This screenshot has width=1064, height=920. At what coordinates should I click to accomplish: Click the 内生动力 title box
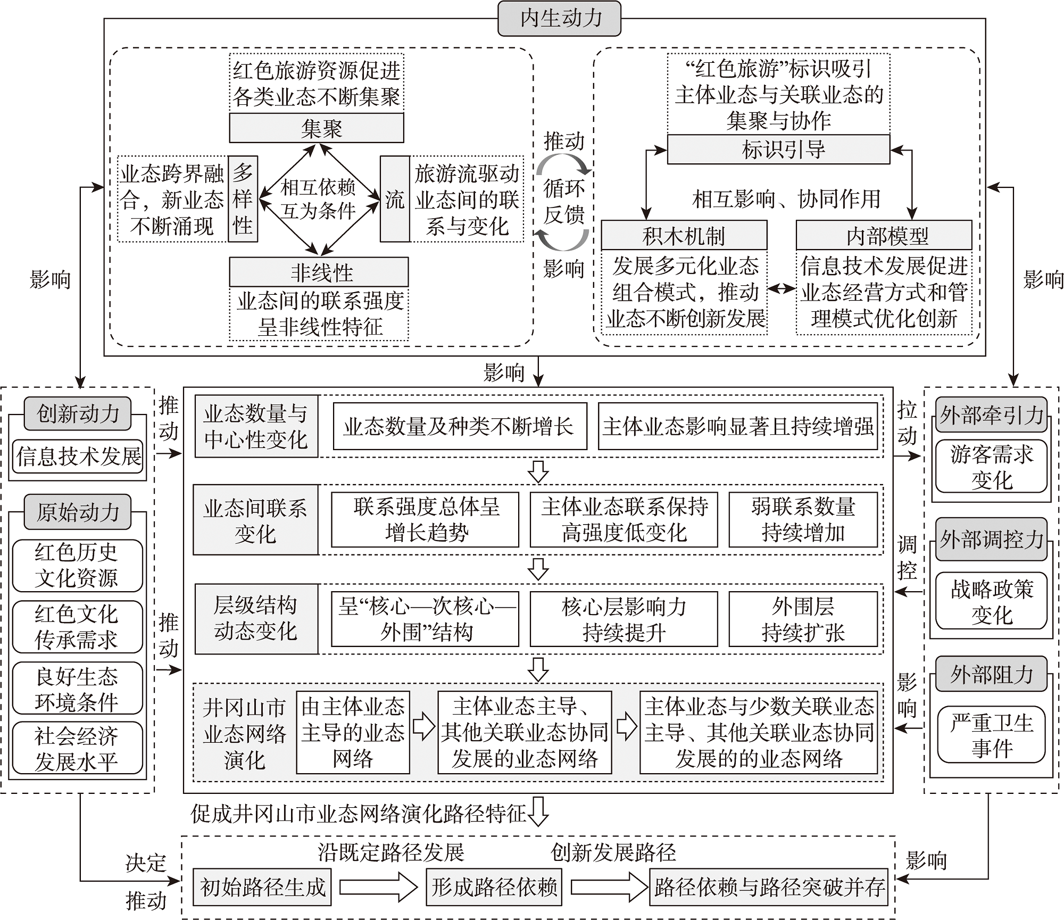coord(559,19)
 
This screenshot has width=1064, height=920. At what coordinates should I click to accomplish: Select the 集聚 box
coord(317,128)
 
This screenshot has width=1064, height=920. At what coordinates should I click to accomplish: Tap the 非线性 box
coord(319,272)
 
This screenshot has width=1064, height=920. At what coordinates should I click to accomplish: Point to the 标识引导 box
coord(778,150)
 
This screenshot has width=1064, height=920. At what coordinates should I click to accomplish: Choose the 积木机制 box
coord(684,236)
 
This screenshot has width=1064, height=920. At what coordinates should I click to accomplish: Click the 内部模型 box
coord(884,236)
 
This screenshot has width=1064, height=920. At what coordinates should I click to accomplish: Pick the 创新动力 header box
coord(78,413)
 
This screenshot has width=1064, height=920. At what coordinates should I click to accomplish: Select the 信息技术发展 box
coord(78,457)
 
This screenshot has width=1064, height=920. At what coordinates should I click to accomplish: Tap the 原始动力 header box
coord(78,512)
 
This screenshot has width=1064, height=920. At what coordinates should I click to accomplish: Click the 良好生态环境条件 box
coord(78,689)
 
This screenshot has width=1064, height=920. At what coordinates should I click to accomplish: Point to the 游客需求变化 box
coord(991,467)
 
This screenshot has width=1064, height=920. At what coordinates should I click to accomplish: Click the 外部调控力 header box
coord(991,539)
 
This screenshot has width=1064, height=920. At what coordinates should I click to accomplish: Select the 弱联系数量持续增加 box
coord(803,519)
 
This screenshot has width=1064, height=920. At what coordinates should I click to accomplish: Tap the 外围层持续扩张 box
coord(803,619)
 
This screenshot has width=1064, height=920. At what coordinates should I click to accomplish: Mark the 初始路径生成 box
coord(262,887)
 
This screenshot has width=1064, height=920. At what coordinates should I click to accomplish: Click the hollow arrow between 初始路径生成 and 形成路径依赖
coord(378,887)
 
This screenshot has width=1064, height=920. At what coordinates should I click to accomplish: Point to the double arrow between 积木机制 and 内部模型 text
coord(782,289)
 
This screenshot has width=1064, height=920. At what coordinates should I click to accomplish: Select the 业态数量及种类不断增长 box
coord(460,426)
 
